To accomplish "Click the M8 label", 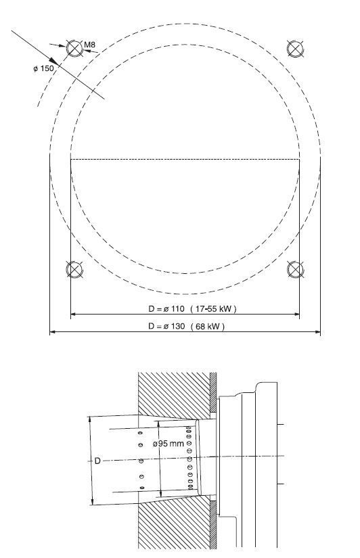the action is [x=90, y=45].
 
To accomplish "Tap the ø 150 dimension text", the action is [x=43, y=68].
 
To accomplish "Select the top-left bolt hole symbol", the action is [x=74, y=49].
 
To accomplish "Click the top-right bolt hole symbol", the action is [x=295, y=49].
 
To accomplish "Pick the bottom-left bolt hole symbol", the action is [x=74, y=269].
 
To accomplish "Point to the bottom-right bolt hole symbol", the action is [x=295, y=269].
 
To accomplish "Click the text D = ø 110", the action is [x=166, y=308].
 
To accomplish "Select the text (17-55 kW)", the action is [x=213, y=308].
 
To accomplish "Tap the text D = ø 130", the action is [x=166, y=326].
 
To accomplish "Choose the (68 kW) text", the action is [x=208, y=326].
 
